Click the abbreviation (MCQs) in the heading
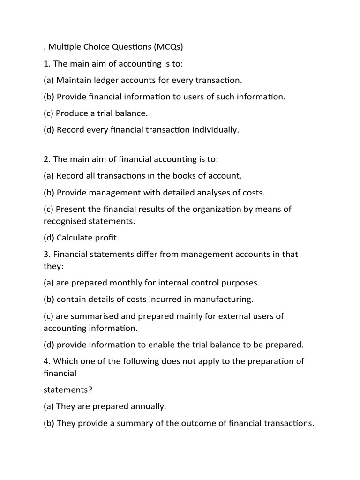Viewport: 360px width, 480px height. tap(162, 47)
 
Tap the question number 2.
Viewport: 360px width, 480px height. tap(46, 159)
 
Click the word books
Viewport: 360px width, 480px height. tap(188, 176)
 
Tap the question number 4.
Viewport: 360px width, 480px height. tap(46, 361)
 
